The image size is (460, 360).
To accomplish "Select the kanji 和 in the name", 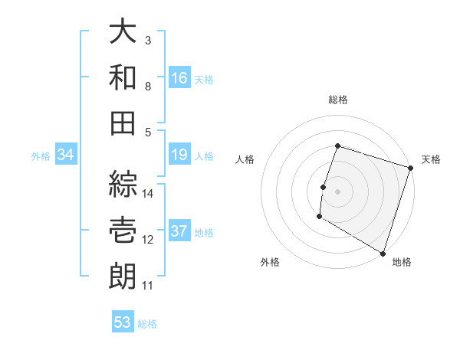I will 123,77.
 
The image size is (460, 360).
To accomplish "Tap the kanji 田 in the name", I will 123,123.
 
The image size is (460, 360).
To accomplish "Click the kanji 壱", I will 123,231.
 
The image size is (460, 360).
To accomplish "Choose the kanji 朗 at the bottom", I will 123,277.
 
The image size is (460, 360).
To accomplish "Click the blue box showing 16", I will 179,77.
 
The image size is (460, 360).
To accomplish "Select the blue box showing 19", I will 179,155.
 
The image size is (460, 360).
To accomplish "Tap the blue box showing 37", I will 179,232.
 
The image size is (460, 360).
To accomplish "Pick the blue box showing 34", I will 66,155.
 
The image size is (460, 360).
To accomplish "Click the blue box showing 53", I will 123,322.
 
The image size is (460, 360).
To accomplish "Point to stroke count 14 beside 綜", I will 149,194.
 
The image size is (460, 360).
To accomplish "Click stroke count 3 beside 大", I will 148,41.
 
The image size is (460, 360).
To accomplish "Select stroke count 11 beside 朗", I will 148,286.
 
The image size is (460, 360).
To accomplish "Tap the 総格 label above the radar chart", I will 338,100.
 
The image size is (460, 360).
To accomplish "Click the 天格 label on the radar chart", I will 432,159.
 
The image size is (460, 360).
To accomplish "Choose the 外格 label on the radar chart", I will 270,262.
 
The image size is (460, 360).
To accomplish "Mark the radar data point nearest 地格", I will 383,253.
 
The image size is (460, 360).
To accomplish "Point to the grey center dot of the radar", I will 337,191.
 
